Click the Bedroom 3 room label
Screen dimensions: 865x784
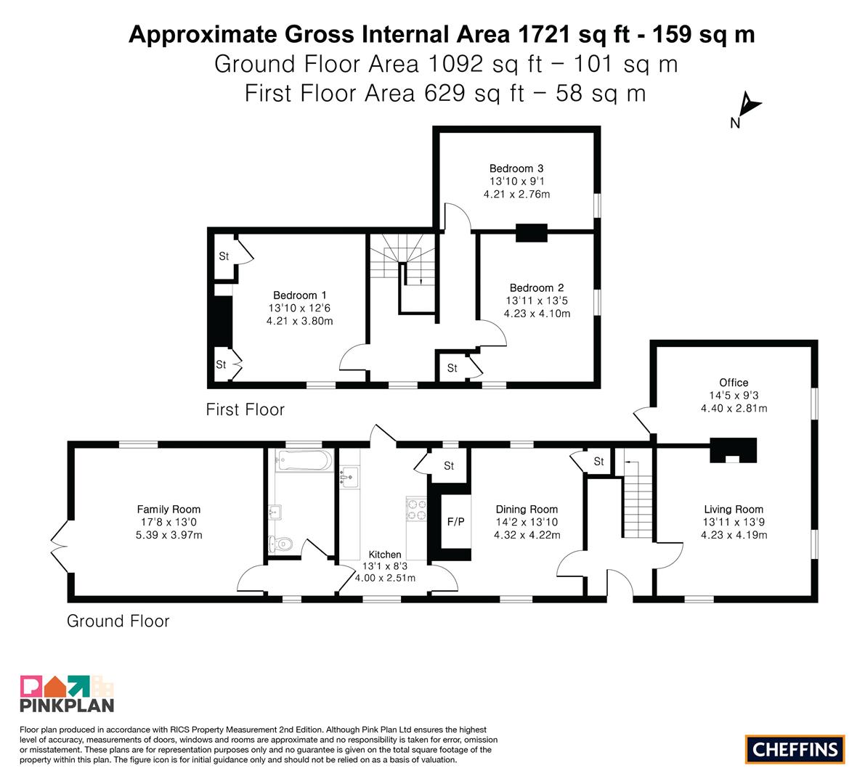click(x=516, y=168)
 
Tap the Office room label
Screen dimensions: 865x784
click(x=734, y=383)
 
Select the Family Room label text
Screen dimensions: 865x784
click(x=168, y=510)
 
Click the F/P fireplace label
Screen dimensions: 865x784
click(x=455, y=521)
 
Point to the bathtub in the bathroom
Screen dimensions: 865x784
click(x=304, y=460)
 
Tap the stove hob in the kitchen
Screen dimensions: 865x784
click(x=416, y=509)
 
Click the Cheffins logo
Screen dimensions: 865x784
click(x=795, y=749)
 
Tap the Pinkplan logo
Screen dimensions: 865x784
click(x=67, y=693)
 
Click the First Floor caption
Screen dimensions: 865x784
click(x=245, y=409)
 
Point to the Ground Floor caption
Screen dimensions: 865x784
click(x=118, y=621)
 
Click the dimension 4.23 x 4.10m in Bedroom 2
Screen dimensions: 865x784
click(x=537, y=314)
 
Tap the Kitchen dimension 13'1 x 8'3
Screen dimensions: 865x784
click(x=385, y=566)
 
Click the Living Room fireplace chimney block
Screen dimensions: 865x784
click(x=733, y=450)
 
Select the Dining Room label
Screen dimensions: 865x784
click(x=527, y=510)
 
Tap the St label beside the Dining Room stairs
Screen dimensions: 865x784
click(x=599, y=462)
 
